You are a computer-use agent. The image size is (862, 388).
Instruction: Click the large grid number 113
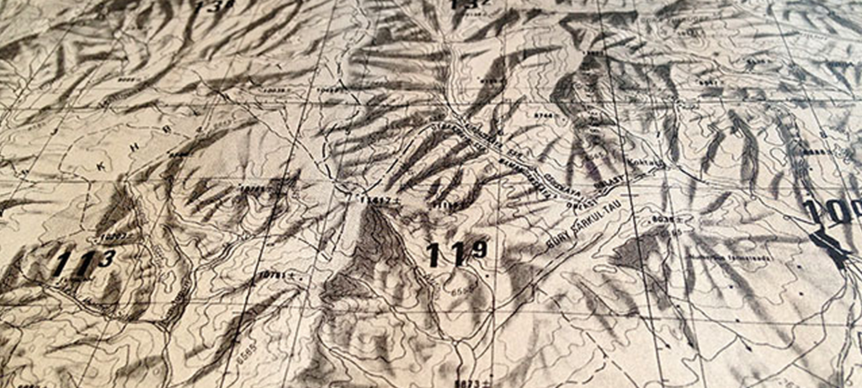[82, 263]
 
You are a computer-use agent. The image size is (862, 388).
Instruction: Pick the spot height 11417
[374, 199]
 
